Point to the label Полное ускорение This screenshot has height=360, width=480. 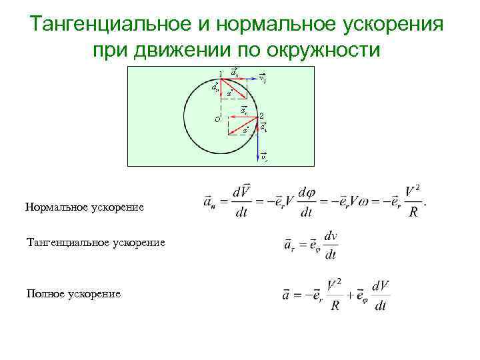click(73, 293)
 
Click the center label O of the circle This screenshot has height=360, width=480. click(217, 119)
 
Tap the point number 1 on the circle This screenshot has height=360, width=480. click(221, 73)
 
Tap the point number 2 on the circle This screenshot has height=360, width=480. click(262, 116)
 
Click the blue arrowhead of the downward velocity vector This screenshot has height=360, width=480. click(258, 159)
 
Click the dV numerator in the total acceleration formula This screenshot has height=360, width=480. click(380, 285)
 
